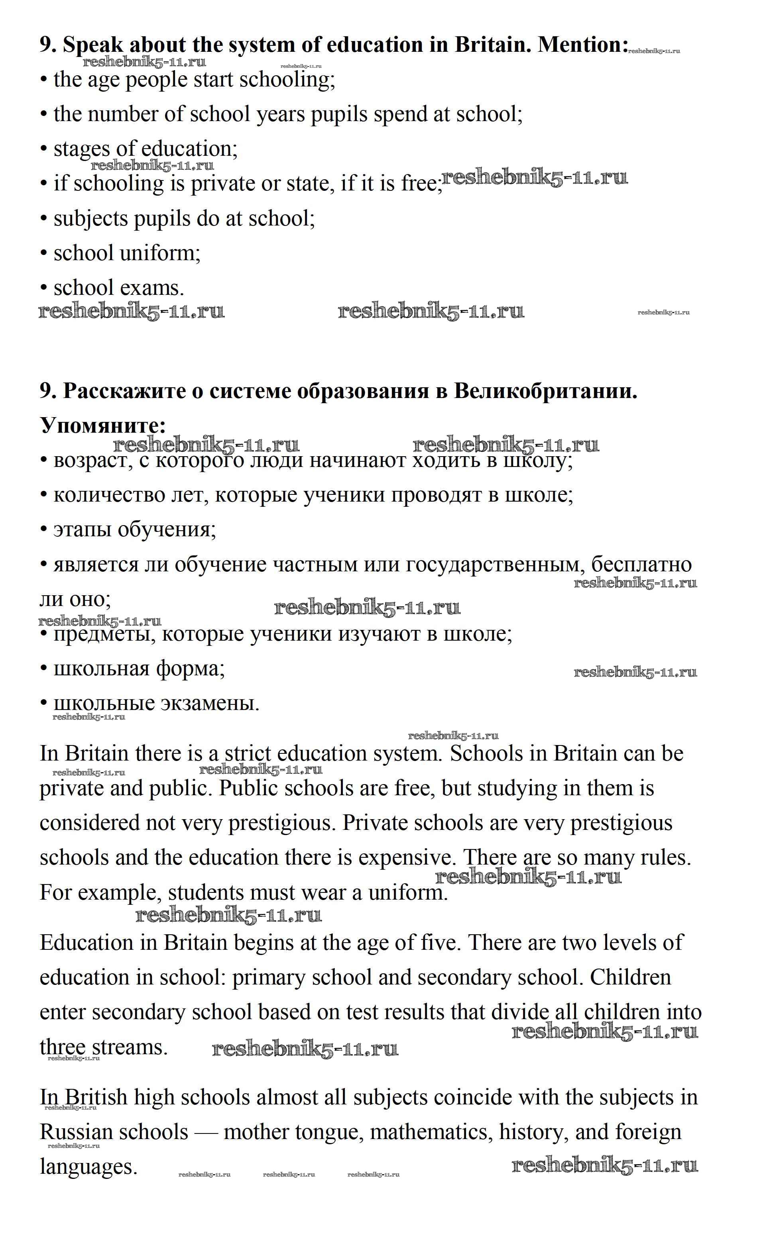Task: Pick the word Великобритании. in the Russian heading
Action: pos(545,391)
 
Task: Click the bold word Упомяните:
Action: pos(102,425)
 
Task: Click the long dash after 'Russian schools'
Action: pos(206,1132)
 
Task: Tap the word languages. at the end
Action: pos(88,1167)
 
